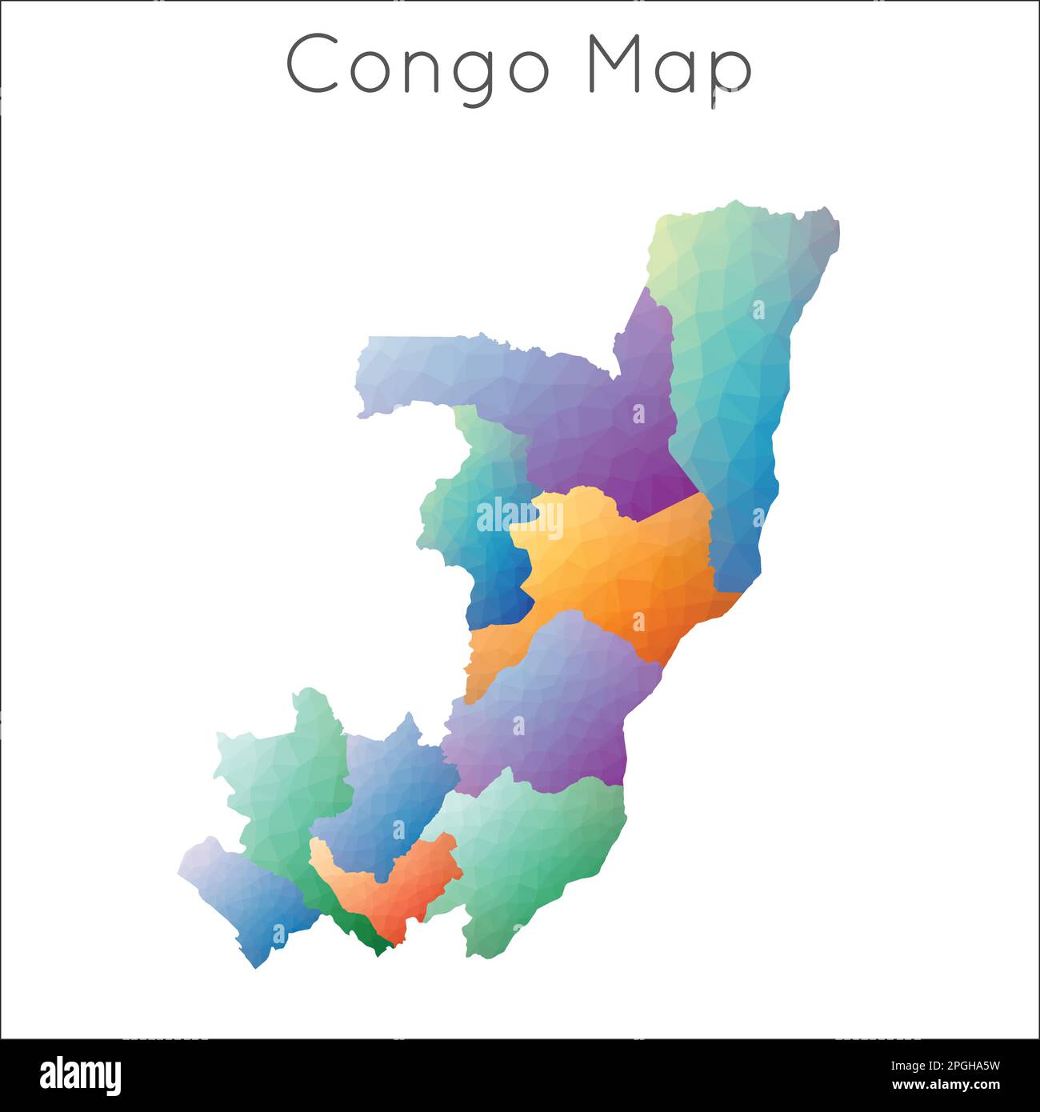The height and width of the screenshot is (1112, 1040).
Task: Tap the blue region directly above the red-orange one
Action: pos(384,792)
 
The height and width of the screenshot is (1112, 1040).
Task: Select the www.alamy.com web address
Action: pos(955,1086)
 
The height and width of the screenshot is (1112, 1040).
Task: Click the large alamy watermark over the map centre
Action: pos(520,516)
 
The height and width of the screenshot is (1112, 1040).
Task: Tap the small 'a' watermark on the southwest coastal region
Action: pos(278,933)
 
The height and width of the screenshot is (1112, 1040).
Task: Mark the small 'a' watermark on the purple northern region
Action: pos(638,414)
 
